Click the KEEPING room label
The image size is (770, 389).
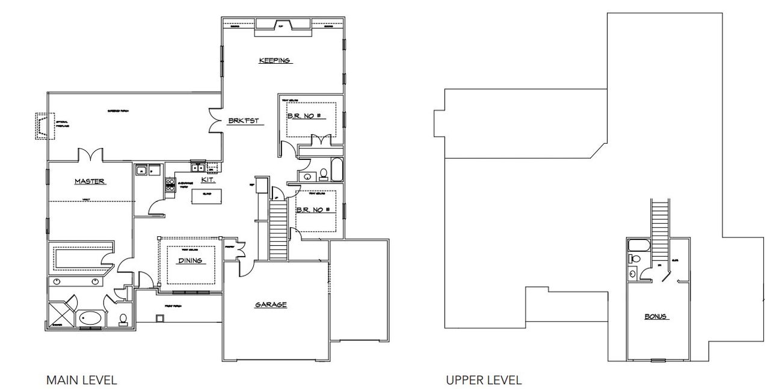(x=275, y=60)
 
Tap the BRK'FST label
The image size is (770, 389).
(x=243, y=120)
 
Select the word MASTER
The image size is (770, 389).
(x=90, y=181)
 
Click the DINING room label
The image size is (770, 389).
(x=189, y=260)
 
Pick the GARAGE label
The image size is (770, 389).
(x=271, y=305)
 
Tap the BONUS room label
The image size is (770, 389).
(x=656, y=316)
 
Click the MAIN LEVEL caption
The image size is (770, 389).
(x=81, y=380)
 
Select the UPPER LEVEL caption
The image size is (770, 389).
(x=484, y=380)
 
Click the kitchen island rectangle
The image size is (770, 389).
(x=206, y=196)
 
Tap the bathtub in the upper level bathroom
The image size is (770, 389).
(x=637, y=245)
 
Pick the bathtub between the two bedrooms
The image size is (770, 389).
(x=336, y=171)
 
